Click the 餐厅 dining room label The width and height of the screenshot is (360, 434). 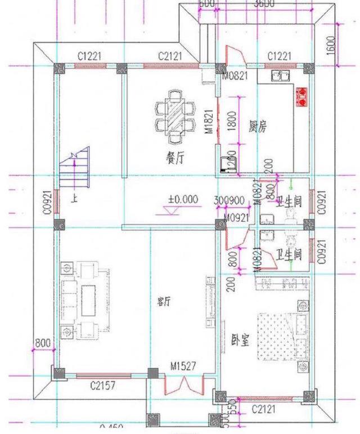point(175,159)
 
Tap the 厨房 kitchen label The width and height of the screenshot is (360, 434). point(258,127)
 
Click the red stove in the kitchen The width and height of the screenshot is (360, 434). point(302,97)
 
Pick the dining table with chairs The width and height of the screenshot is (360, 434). point(174,116)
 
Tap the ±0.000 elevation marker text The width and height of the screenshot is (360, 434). point(183,199)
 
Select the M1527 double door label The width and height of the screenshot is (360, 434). point(183,366)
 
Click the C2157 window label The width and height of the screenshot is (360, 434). point(104,386)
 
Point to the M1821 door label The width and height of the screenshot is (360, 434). point(208,122)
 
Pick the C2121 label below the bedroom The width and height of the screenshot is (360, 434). point(263,408)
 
